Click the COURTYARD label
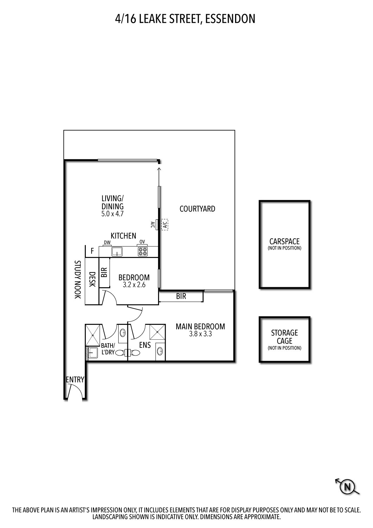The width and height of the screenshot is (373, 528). tap(197, 209)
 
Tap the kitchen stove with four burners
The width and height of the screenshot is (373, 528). tap(143, 252)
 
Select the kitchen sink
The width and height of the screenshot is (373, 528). tap(116, 252)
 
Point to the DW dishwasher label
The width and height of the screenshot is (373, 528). tap(107, 242)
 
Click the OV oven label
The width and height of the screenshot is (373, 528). tap(142, 242)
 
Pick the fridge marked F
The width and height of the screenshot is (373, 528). tap(92, 251)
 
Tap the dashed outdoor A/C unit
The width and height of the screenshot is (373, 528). tap(165, 225)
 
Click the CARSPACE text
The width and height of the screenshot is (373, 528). tap(284, 241)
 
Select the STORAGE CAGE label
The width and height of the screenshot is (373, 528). tap(284, 337)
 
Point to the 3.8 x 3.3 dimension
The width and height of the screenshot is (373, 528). tap(200, 334)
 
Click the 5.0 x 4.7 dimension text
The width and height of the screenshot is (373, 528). tap(112, 214)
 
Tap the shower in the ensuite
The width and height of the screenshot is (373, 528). tap(157, 332)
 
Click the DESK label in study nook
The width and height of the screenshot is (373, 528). tap(92, 279)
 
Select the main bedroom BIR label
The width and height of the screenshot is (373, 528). tap(181, 296)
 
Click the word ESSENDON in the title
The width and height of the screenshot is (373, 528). tap(230, 19)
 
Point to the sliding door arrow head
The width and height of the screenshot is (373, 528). tap(159, 168)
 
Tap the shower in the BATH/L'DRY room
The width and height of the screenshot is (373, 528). tap(93, 335)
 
